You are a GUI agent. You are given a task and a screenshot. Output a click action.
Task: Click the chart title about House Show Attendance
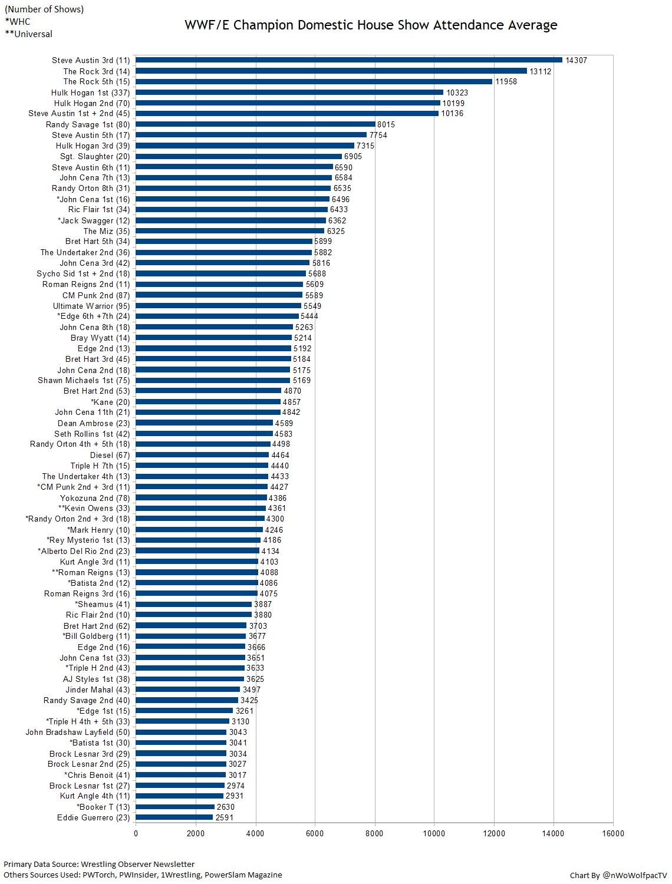point(371,25)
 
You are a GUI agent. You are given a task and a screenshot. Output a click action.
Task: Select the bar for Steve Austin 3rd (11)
point(349,60)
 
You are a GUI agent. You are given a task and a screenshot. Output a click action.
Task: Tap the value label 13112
point(541,71)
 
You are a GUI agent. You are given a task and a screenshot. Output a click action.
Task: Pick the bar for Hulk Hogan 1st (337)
point(289,93)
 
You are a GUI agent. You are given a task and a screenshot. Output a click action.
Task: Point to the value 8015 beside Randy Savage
point(386,124)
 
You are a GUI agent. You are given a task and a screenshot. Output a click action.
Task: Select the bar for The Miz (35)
point(230,231)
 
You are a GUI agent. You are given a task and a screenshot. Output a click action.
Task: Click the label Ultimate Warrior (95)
point(91,306)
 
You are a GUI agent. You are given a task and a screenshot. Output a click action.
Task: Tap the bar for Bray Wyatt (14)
point(214,338)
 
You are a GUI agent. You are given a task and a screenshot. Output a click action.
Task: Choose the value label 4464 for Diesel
point(281,455)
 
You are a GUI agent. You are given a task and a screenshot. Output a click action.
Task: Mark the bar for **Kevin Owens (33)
point(201,508)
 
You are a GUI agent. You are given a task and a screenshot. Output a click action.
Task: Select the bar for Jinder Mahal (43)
point(188,690)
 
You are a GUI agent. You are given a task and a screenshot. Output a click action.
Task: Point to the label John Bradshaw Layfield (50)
point(78,733)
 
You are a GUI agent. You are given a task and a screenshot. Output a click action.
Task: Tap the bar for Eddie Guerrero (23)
point(174,817)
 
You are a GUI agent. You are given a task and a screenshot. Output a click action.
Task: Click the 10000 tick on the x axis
point(434,833)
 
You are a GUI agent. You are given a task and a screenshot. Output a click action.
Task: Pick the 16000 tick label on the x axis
point(613,833)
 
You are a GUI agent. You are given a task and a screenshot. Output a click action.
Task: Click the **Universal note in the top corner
point(29,34)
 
